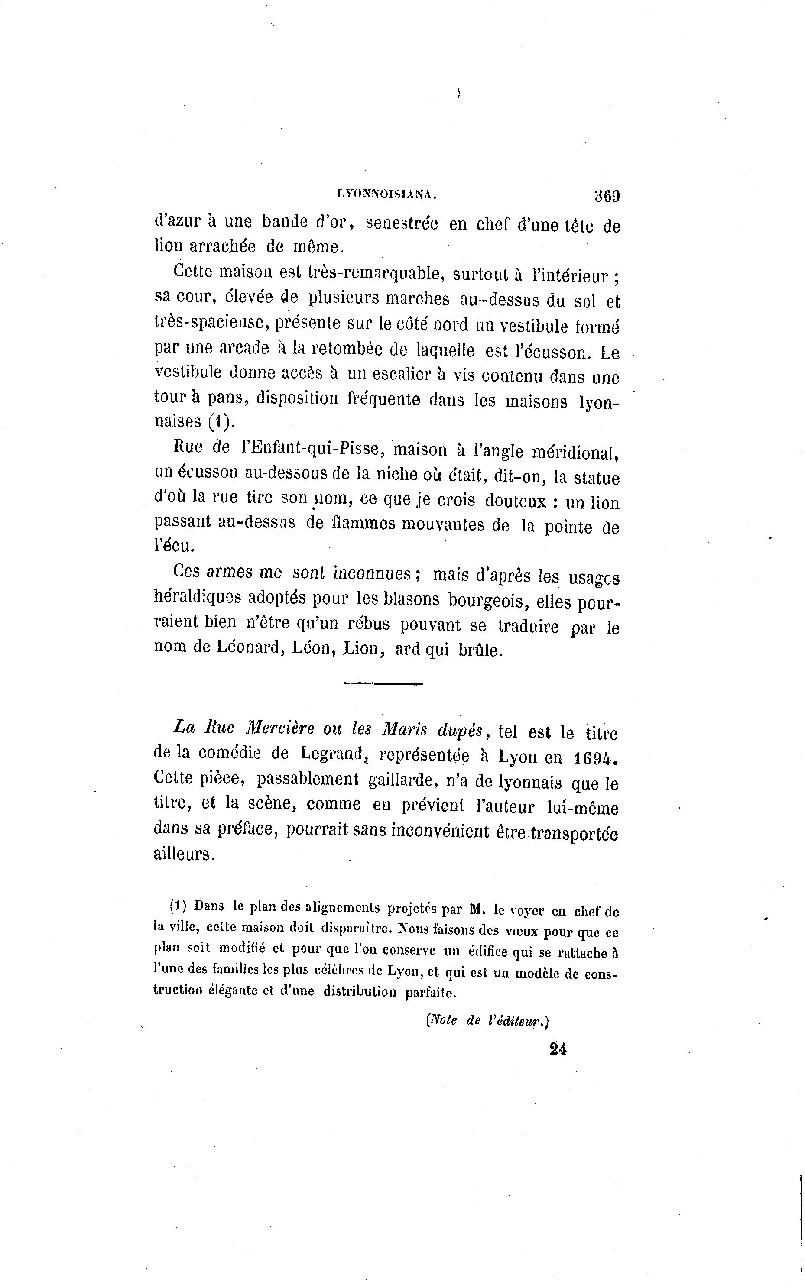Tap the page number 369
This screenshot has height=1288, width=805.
point(607,196)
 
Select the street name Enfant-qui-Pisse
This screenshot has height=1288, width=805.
point(311,449)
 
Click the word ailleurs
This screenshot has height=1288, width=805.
point(184,854)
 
